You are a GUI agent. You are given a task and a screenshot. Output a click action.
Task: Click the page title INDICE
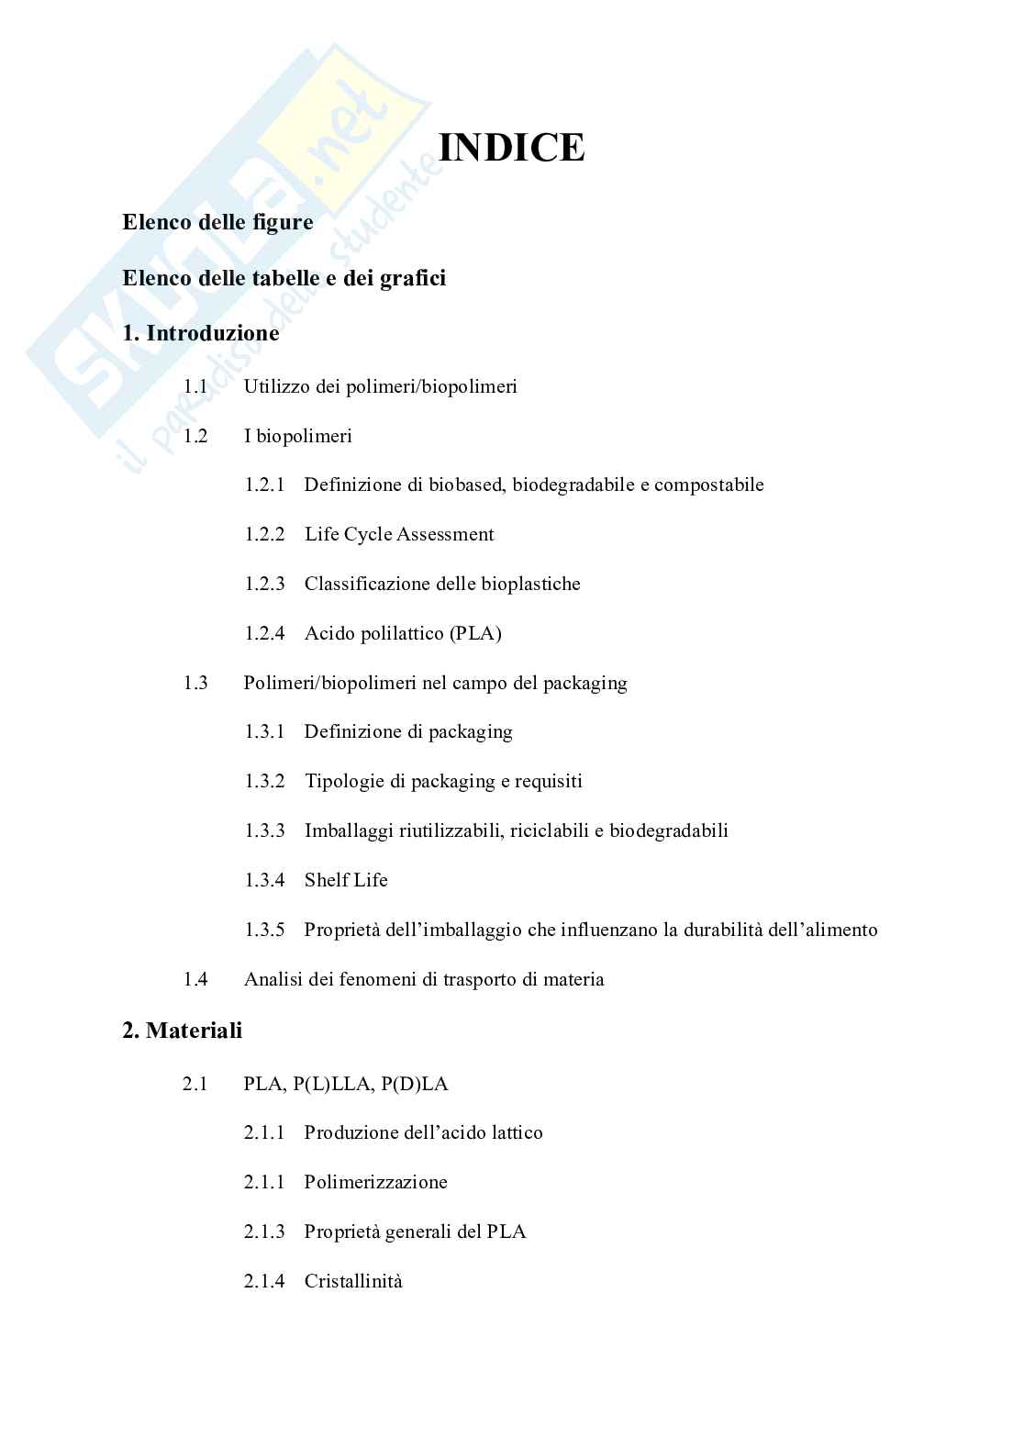tap(511, 148)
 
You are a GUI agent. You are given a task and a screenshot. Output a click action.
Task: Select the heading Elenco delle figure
tap(217, 222)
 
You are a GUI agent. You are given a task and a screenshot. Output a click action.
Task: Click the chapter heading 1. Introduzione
tap(200, 333)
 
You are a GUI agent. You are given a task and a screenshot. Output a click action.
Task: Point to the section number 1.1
tap(195, 386)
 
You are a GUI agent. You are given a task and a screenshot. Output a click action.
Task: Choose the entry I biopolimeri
tap(297, 436)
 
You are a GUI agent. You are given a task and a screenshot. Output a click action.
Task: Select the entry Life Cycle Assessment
tap(399, 534)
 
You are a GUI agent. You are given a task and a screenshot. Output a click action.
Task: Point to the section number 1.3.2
tap(264, 781)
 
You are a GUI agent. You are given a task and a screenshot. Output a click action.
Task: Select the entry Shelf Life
tap(346, 880)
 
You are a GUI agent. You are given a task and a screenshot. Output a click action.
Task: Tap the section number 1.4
tap(195, 979)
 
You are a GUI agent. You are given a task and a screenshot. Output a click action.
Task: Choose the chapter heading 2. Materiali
tap(182, 1031)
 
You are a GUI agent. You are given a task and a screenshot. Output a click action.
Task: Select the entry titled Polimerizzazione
tap(375, 1182)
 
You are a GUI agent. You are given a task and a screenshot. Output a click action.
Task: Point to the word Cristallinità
tap(353, 1281)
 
